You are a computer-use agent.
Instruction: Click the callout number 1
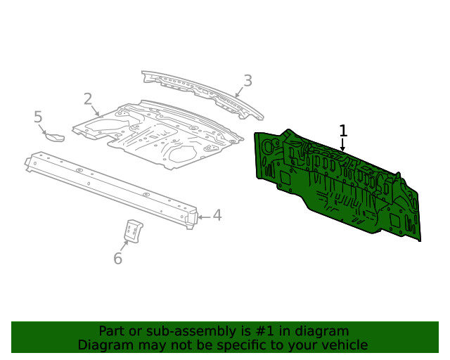(343, 131)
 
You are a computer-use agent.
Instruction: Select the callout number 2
(88, 99)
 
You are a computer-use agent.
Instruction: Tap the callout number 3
(247, 81)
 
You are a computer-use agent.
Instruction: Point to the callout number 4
(217, 215)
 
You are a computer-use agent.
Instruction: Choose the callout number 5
(39, 117)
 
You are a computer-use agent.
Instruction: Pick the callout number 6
(118, 259)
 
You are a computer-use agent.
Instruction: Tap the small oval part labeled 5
(56, 135)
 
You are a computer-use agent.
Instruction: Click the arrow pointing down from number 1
(343, 145)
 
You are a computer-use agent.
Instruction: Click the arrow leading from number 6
(124, 246)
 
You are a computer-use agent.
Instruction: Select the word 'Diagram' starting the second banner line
(103, 345)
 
